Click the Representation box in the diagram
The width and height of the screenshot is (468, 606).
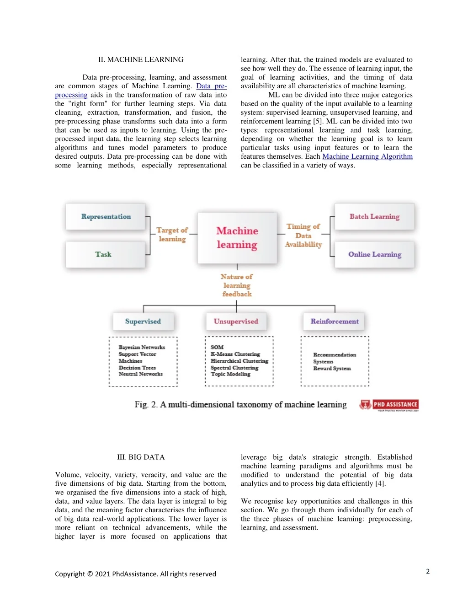106,217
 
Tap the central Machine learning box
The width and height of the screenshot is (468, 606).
237,238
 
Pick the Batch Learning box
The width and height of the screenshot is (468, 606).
374,217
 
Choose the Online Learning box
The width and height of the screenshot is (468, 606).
374,254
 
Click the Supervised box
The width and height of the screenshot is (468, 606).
143,322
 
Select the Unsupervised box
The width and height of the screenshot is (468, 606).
236,322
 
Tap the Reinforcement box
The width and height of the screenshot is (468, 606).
335,322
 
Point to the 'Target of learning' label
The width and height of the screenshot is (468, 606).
172,235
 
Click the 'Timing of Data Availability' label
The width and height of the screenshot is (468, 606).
303,236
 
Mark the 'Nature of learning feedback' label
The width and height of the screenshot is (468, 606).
237,285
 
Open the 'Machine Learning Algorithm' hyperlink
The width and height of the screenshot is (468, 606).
367,156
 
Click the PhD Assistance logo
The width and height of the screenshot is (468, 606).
389,405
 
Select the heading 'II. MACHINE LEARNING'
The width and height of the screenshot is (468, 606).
141,59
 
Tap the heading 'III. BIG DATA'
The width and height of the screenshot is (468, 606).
141,457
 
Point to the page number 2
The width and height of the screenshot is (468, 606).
428,571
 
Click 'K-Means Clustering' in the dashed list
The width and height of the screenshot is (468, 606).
235,354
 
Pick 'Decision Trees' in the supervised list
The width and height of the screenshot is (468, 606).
137,368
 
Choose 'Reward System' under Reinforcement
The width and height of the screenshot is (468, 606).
332,368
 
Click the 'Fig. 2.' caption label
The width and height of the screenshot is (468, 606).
146,405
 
